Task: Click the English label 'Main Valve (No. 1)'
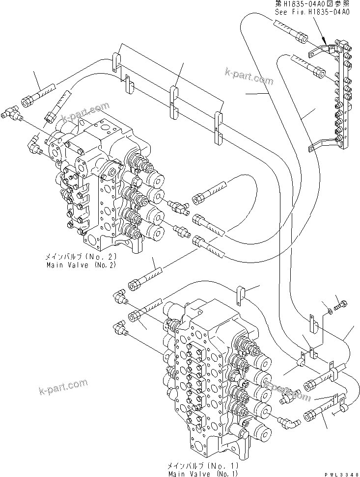(x=203, y=474)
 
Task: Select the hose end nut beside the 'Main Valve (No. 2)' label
(x=134, y=285)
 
